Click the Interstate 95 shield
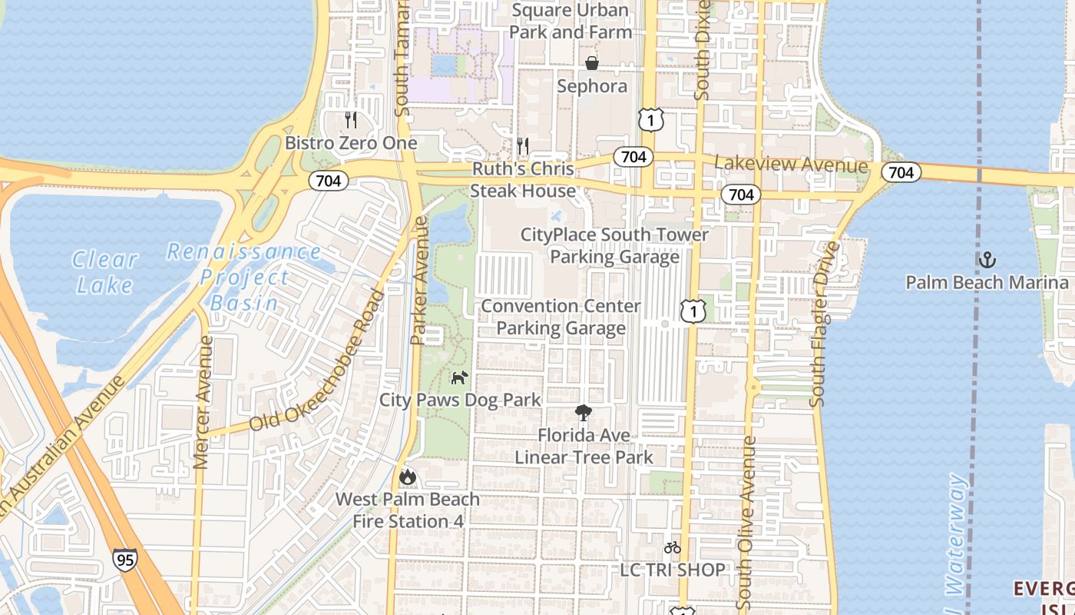124,559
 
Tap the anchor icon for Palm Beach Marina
987,260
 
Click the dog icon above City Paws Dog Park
459,377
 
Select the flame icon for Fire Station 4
408,477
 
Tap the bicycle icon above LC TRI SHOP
673,547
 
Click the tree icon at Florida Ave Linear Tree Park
584,413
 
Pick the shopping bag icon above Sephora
592,63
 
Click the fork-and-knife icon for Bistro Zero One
351,120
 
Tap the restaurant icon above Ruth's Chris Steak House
523,145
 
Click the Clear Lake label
105,272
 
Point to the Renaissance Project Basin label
245,277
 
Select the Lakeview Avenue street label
791,165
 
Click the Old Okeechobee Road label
316,361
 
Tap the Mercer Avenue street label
203,402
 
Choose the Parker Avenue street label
419,281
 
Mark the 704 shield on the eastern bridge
901,172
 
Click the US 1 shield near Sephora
650,119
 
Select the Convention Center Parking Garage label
561,317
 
